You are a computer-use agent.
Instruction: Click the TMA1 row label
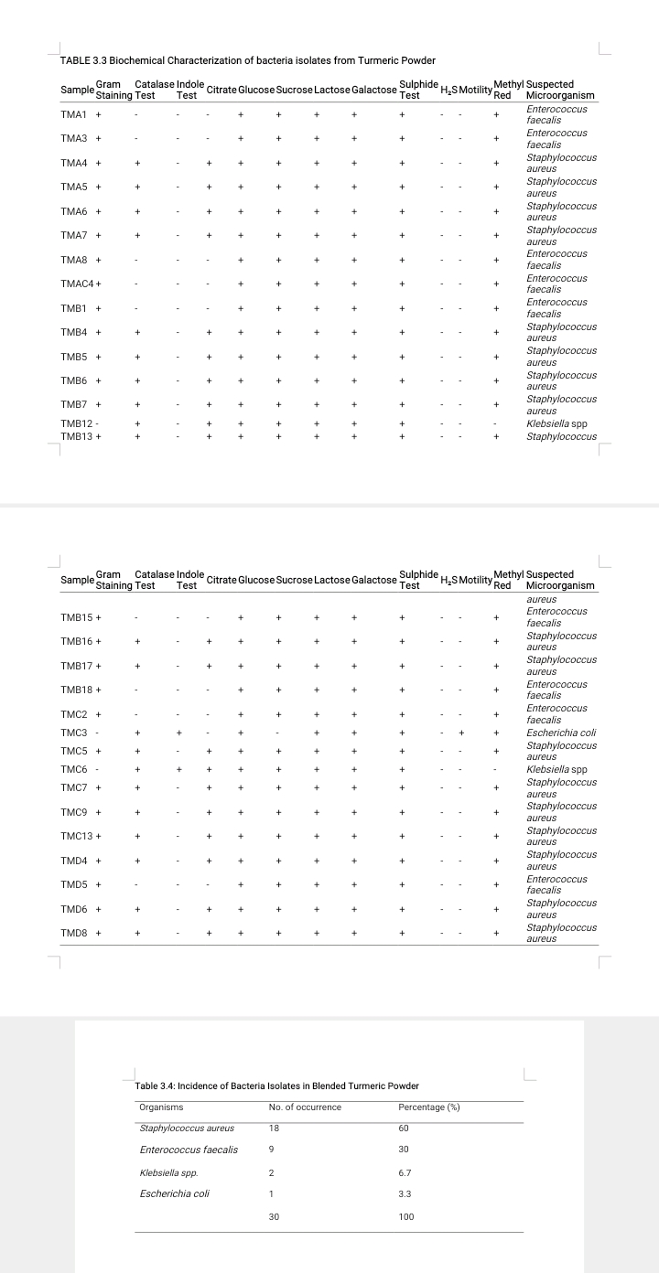pos(73,115)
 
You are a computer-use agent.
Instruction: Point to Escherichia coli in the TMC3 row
pos(562,733)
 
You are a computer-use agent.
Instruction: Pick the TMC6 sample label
pos(74,769)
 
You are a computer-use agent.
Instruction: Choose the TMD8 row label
pos(74,934)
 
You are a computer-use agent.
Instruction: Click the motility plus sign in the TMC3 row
pos(462,733)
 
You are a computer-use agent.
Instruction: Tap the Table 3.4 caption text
pos(276,1086)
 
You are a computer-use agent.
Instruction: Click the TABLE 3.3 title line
pos(247,60)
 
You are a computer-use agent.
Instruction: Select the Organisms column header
pos(161,1107)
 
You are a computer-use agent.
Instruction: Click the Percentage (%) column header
pos(429,1107)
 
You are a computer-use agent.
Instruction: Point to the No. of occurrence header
pos(305,1107)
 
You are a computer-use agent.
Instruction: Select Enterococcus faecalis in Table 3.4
pos(189,1150)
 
